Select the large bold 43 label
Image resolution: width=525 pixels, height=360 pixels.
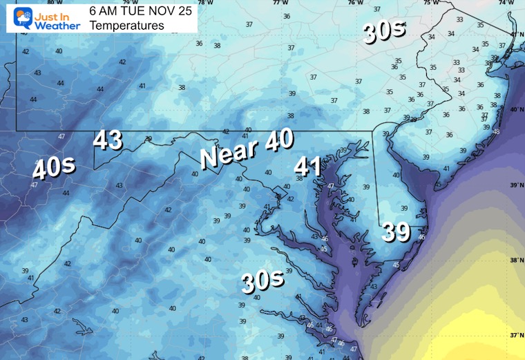tap(108, 140)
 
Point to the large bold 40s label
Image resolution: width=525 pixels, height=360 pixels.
tap(53, 169)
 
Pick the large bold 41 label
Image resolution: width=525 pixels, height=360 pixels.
tap(308, 166)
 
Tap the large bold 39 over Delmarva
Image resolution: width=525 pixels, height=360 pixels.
tap(397, 232)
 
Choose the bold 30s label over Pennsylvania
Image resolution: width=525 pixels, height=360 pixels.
tap(381, 33)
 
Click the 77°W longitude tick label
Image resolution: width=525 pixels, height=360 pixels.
tap(280, 3)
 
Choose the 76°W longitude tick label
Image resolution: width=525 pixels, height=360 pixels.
tap(355, 3)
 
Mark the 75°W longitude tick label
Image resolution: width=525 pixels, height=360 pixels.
tap(430, 3)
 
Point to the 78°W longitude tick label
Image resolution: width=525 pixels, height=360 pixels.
tap(204, 3)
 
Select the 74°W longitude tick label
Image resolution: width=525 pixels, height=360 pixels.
tap(506, 3)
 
